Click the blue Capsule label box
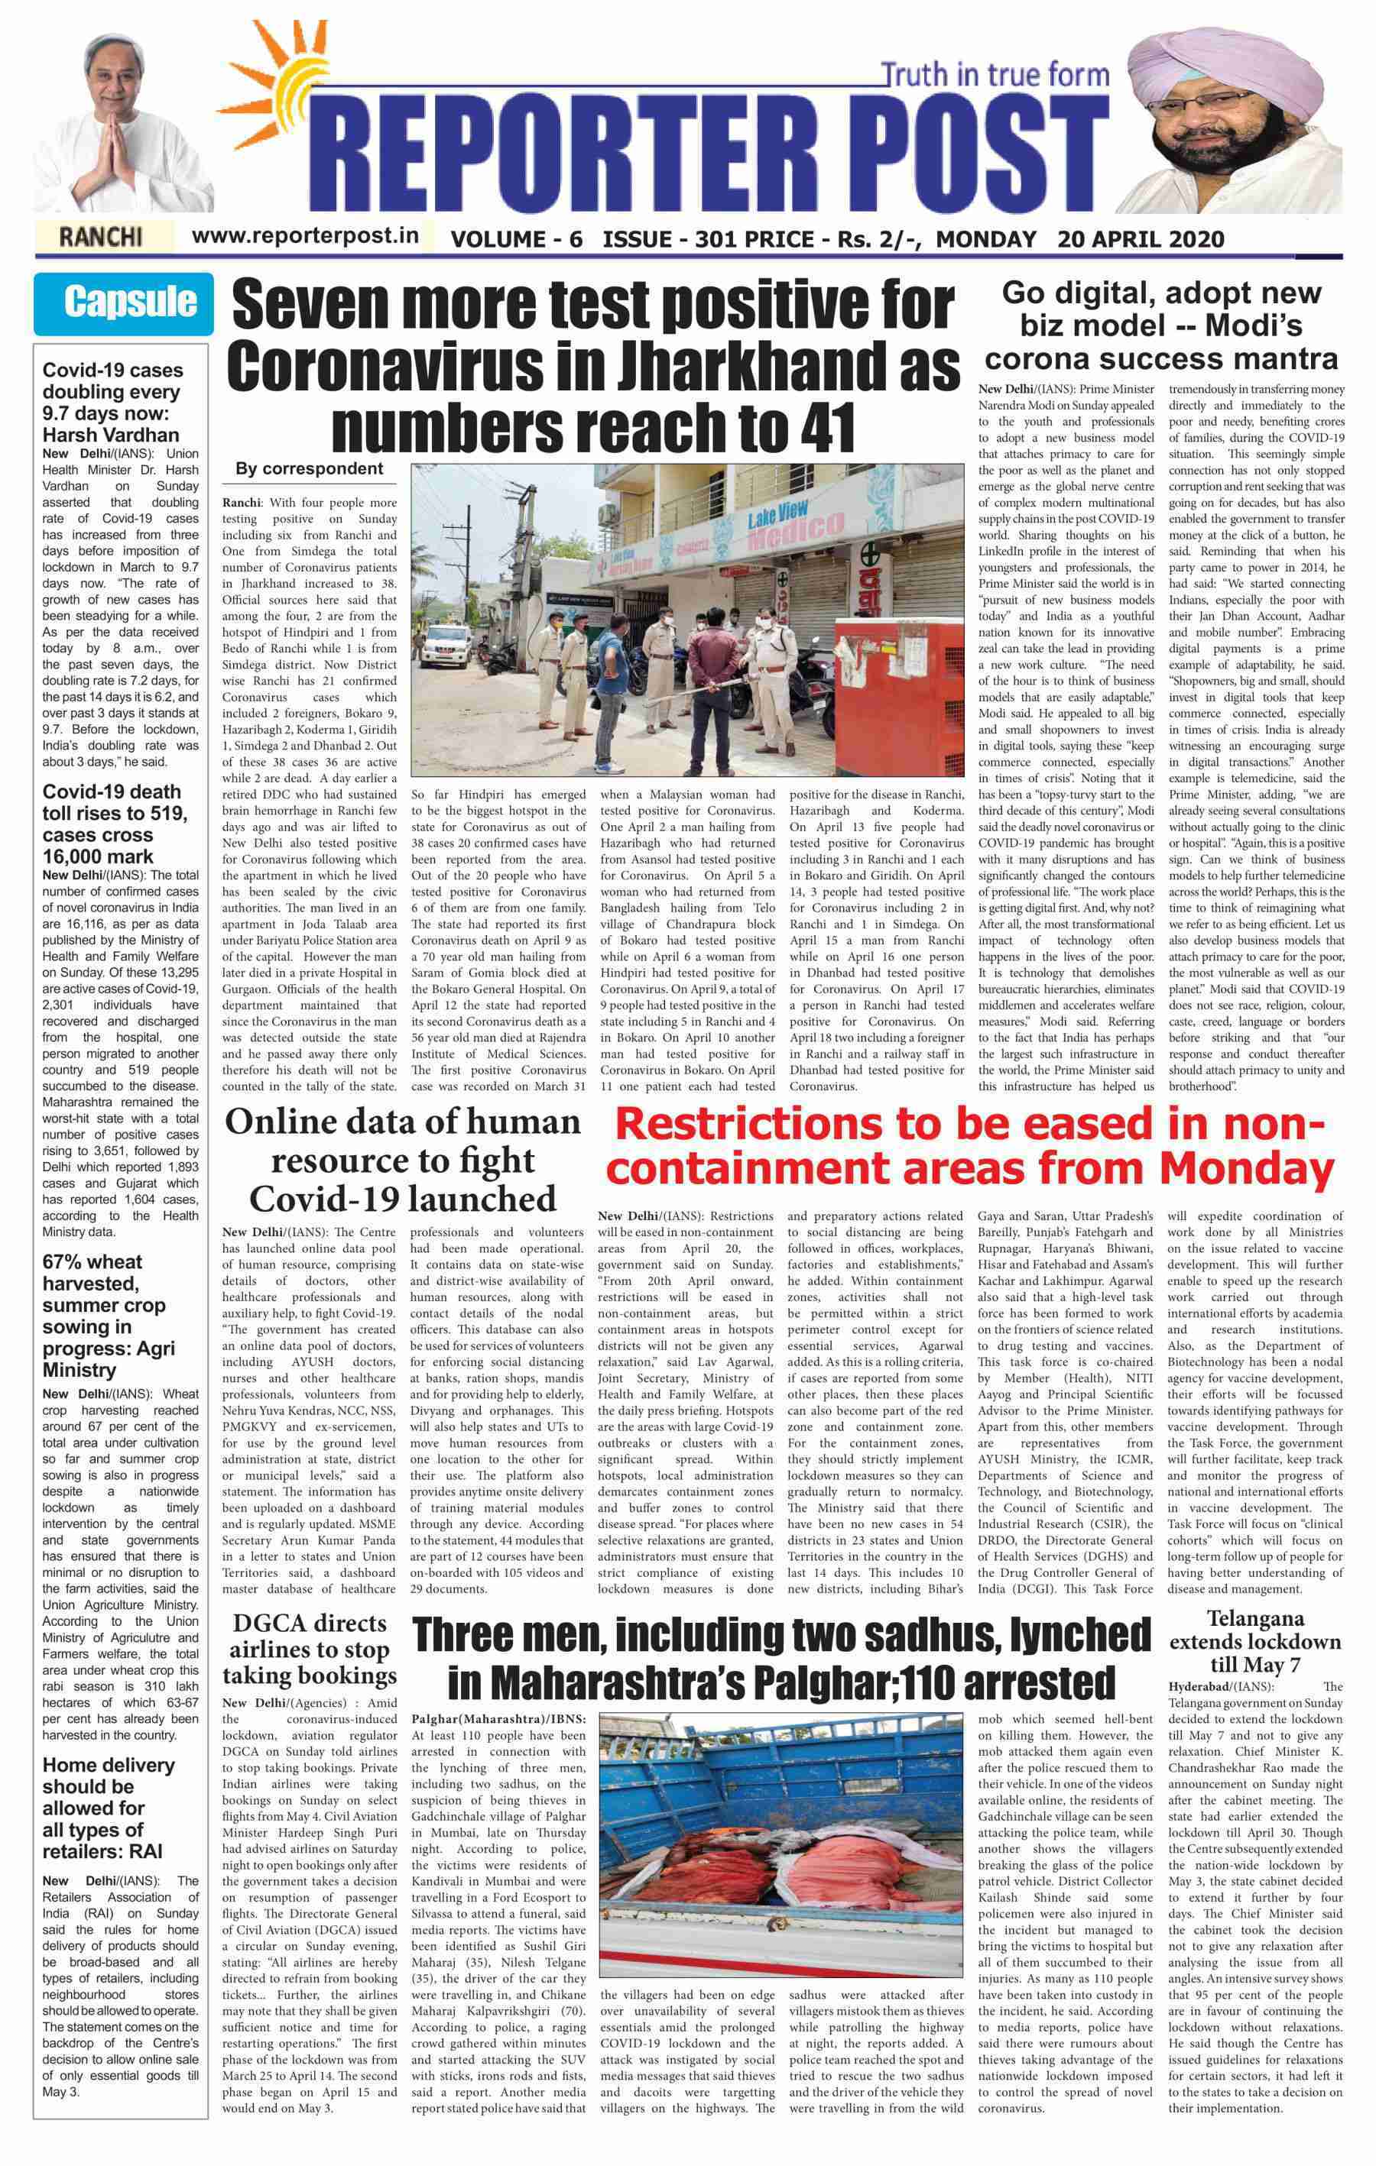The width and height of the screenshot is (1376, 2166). pos(123,303)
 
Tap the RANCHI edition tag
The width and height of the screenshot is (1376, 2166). pos(100,238)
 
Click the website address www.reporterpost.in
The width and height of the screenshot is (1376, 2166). pos(306,235)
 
